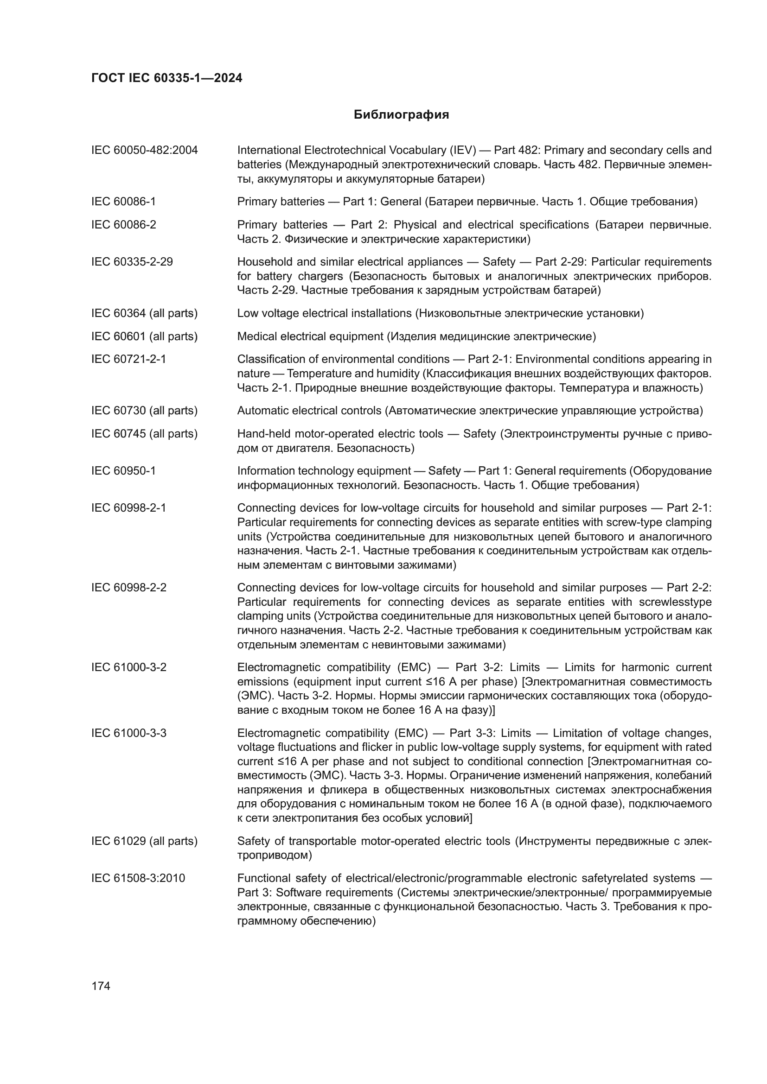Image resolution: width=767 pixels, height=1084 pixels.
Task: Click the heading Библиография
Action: click(401, 115)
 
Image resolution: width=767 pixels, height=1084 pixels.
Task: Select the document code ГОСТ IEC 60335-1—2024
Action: click(167, 78)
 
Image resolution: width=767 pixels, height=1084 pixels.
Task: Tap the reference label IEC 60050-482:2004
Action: click(145, 150)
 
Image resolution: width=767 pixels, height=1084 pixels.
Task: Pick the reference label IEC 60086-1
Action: click(123, 202)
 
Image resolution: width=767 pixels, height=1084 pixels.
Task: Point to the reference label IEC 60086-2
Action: click(123, 225)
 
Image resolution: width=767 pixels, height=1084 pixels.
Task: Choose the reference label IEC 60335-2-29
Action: click(132, 261)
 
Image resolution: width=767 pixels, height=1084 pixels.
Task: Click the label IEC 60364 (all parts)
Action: click(145, 313)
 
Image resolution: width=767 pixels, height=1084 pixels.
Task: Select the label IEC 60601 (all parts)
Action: click(145, 336)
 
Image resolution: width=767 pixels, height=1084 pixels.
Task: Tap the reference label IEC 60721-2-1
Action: click(129, 359)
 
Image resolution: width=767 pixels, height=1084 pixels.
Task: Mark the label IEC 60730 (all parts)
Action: click(145, 411)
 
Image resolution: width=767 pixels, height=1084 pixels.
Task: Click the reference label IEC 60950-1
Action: click(123, 471)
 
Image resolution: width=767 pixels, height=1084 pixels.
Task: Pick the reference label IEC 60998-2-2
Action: click(129, 588)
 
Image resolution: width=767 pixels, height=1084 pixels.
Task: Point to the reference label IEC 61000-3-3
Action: click(129, 733)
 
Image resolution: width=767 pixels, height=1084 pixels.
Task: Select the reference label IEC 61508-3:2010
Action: click(138, 878)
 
